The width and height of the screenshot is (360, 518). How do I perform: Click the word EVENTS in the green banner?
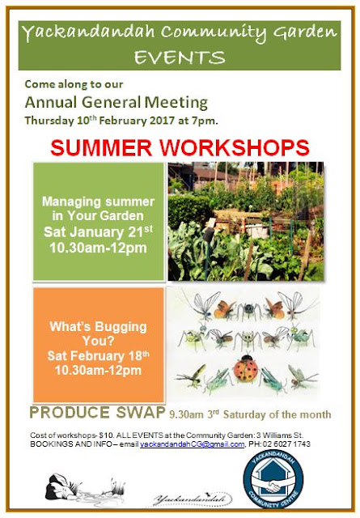[180, 57]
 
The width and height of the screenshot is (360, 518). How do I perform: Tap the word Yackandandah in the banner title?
[88, 33]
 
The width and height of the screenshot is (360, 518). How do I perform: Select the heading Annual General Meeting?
[116, 103]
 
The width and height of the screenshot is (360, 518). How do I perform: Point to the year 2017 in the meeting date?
[162, 121]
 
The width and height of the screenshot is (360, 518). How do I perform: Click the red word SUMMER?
[101, 147]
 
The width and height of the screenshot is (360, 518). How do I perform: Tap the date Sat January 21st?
[99, 231]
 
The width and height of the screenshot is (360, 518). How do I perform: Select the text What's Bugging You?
[99, 333]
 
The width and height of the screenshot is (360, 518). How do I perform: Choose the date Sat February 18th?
[99, 356]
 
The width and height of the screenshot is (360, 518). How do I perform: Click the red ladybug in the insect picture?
[245, 368]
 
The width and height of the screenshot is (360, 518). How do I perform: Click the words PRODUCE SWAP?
[98, 413]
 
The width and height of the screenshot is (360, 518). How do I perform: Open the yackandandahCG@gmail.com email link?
[192, 444]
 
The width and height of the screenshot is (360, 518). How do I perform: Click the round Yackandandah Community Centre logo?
[273, 479]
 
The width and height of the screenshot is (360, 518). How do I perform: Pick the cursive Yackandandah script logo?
[193, 499]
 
